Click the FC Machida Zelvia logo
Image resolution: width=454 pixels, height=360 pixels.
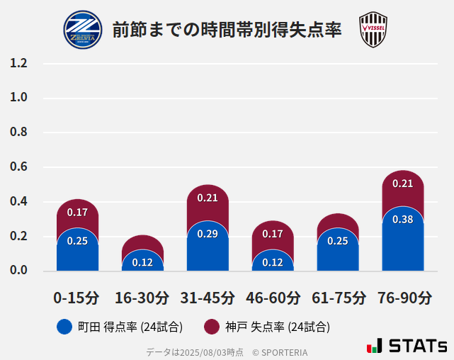tap(82, 30)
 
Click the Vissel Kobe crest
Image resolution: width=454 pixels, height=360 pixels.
tap(373, 30)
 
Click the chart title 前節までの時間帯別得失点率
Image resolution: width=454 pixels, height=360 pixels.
tap(227, 30)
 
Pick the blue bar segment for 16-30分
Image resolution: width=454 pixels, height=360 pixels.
tap(142, 261)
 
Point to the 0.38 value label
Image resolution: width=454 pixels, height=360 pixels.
tap(402, 220)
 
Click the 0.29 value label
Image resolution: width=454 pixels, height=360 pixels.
tap(208, 234)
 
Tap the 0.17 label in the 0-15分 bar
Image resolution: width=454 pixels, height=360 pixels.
tap(77, 212)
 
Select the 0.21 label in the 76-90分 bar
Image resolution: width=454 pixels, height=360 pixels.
tap(402, 184)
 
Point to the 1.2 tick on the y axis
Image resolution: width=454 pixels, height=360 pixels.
tap(19, 63)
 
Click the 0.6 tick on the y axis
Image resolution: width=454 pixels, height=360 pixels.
tap(19, 167)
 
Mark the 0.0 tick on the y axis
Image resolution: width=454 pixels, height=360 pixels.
tap(19, 271)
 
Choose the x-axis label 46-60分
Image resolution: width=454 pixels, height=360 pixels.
tap(273, 298)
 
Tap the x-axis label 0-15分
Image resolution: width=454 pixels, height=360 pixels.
tap(77, 298)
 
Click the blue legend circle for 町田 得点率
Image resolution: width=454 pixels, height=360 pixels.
tap(64, 327)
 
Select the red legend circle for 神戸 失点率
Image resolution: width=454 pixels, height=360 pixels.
tap(212, 327)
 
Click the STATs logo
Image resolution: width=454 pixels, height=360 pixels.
tap(407, 347)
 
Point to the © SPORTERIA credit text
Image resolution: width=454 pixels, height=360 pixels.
tap(280, 351)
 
